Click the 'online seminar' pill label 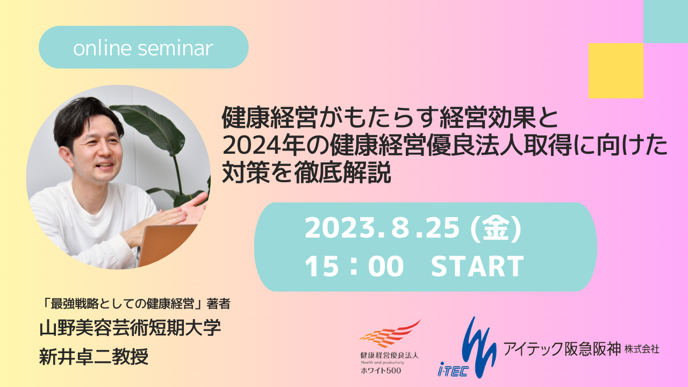point(144,47)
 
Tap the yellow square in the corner point(616,70)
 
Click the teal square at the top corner point(665,21)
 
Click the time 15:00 point(354,266)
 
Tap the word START point(478,266)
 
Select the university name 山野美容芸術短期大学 point(130,327)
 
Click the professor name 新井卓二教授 point(94,356)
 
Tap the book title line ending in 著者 point(137,304)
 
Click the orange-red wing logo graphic point(390,334)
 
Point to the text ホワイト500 point(381,370)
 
